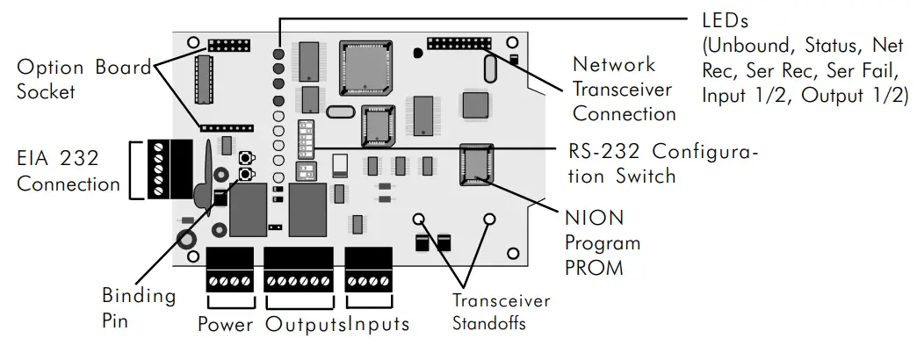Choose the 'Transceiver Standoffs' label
(501, 312)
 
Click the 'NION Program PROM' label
(602, 241)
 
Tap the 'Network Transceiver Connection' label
(624, 89)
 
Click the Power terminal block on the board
(229, 270)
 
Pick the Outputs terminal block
(299, 270)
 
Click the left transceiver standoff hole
(419, 219)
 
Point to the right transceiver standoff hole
(489, 219)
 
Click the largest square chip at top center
(366, 66)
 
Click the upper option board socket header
(230, 44)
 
